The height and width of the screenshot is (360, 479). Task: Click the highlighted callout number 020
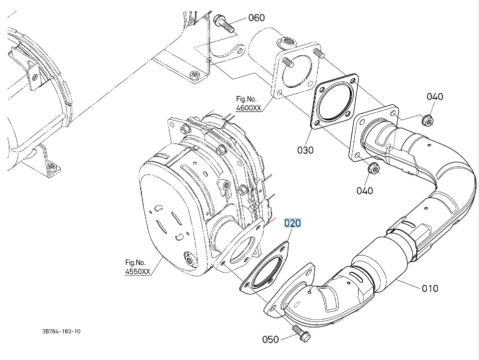[x=293, y=223]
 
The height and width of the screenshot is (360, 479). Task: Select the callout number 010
[x=429, y=288]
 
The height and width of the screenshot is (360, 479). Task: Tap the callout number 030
[x=305, y=150]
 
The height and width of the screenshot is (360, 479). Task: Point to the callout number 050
[x=270, y=339]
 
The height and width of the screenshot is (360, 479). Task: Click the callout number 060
[x=256, y=18]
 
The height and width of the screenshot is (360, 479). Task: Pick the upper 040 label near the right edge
[x=434, y=96]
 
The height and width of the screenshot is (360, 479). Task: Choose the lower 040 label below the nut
[x=365, y=190]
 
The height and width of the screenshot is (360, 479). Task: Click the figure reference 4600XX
[x=249, y=107]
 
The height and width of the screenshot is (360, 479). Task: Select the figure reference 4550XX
[x=138, y=271]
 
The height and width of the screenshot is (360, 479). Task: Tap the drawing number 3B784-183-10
[x=62, y=331]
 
